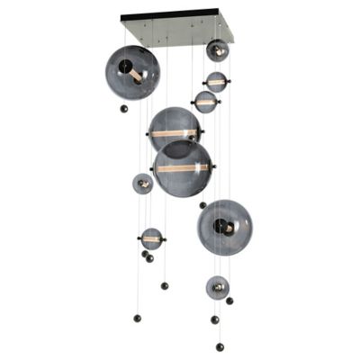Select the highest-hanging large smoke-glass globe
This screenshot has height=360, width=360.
click(132, 72)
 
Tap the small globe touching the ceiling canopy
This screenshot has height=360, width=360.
click(217, 50)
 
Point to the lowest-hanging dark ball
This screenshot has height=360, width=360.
click(220, 346)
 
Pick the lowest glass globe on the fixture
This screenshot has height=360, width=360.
click(217, 287)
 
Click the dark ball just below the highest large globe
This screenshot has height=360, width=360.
click(124, 109)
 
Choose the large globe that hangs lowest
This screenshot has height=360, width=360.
click(225, 227)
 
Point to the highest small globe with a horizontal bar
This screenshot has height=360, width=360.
click(216, 82)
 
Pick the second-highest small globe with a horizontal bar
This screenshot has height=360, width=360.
click(206, 102)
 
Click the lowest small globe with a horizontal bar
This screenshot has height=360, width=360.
click(151, 238)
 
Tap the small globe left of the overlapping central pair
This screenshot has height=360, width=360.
click(143, 184)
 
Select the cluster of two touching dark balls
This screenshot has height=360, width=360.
click(147, 256)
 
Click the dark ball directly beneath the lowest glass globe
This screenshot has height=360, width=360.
click(215, 319)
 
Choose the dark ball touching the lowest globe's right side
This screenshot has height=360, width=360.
click(229, 301)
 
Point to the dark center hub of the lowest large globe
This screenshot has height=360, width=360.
click(229, 228)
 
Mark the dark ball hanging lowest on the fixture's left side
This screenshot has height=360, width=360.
click(137, 316)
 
